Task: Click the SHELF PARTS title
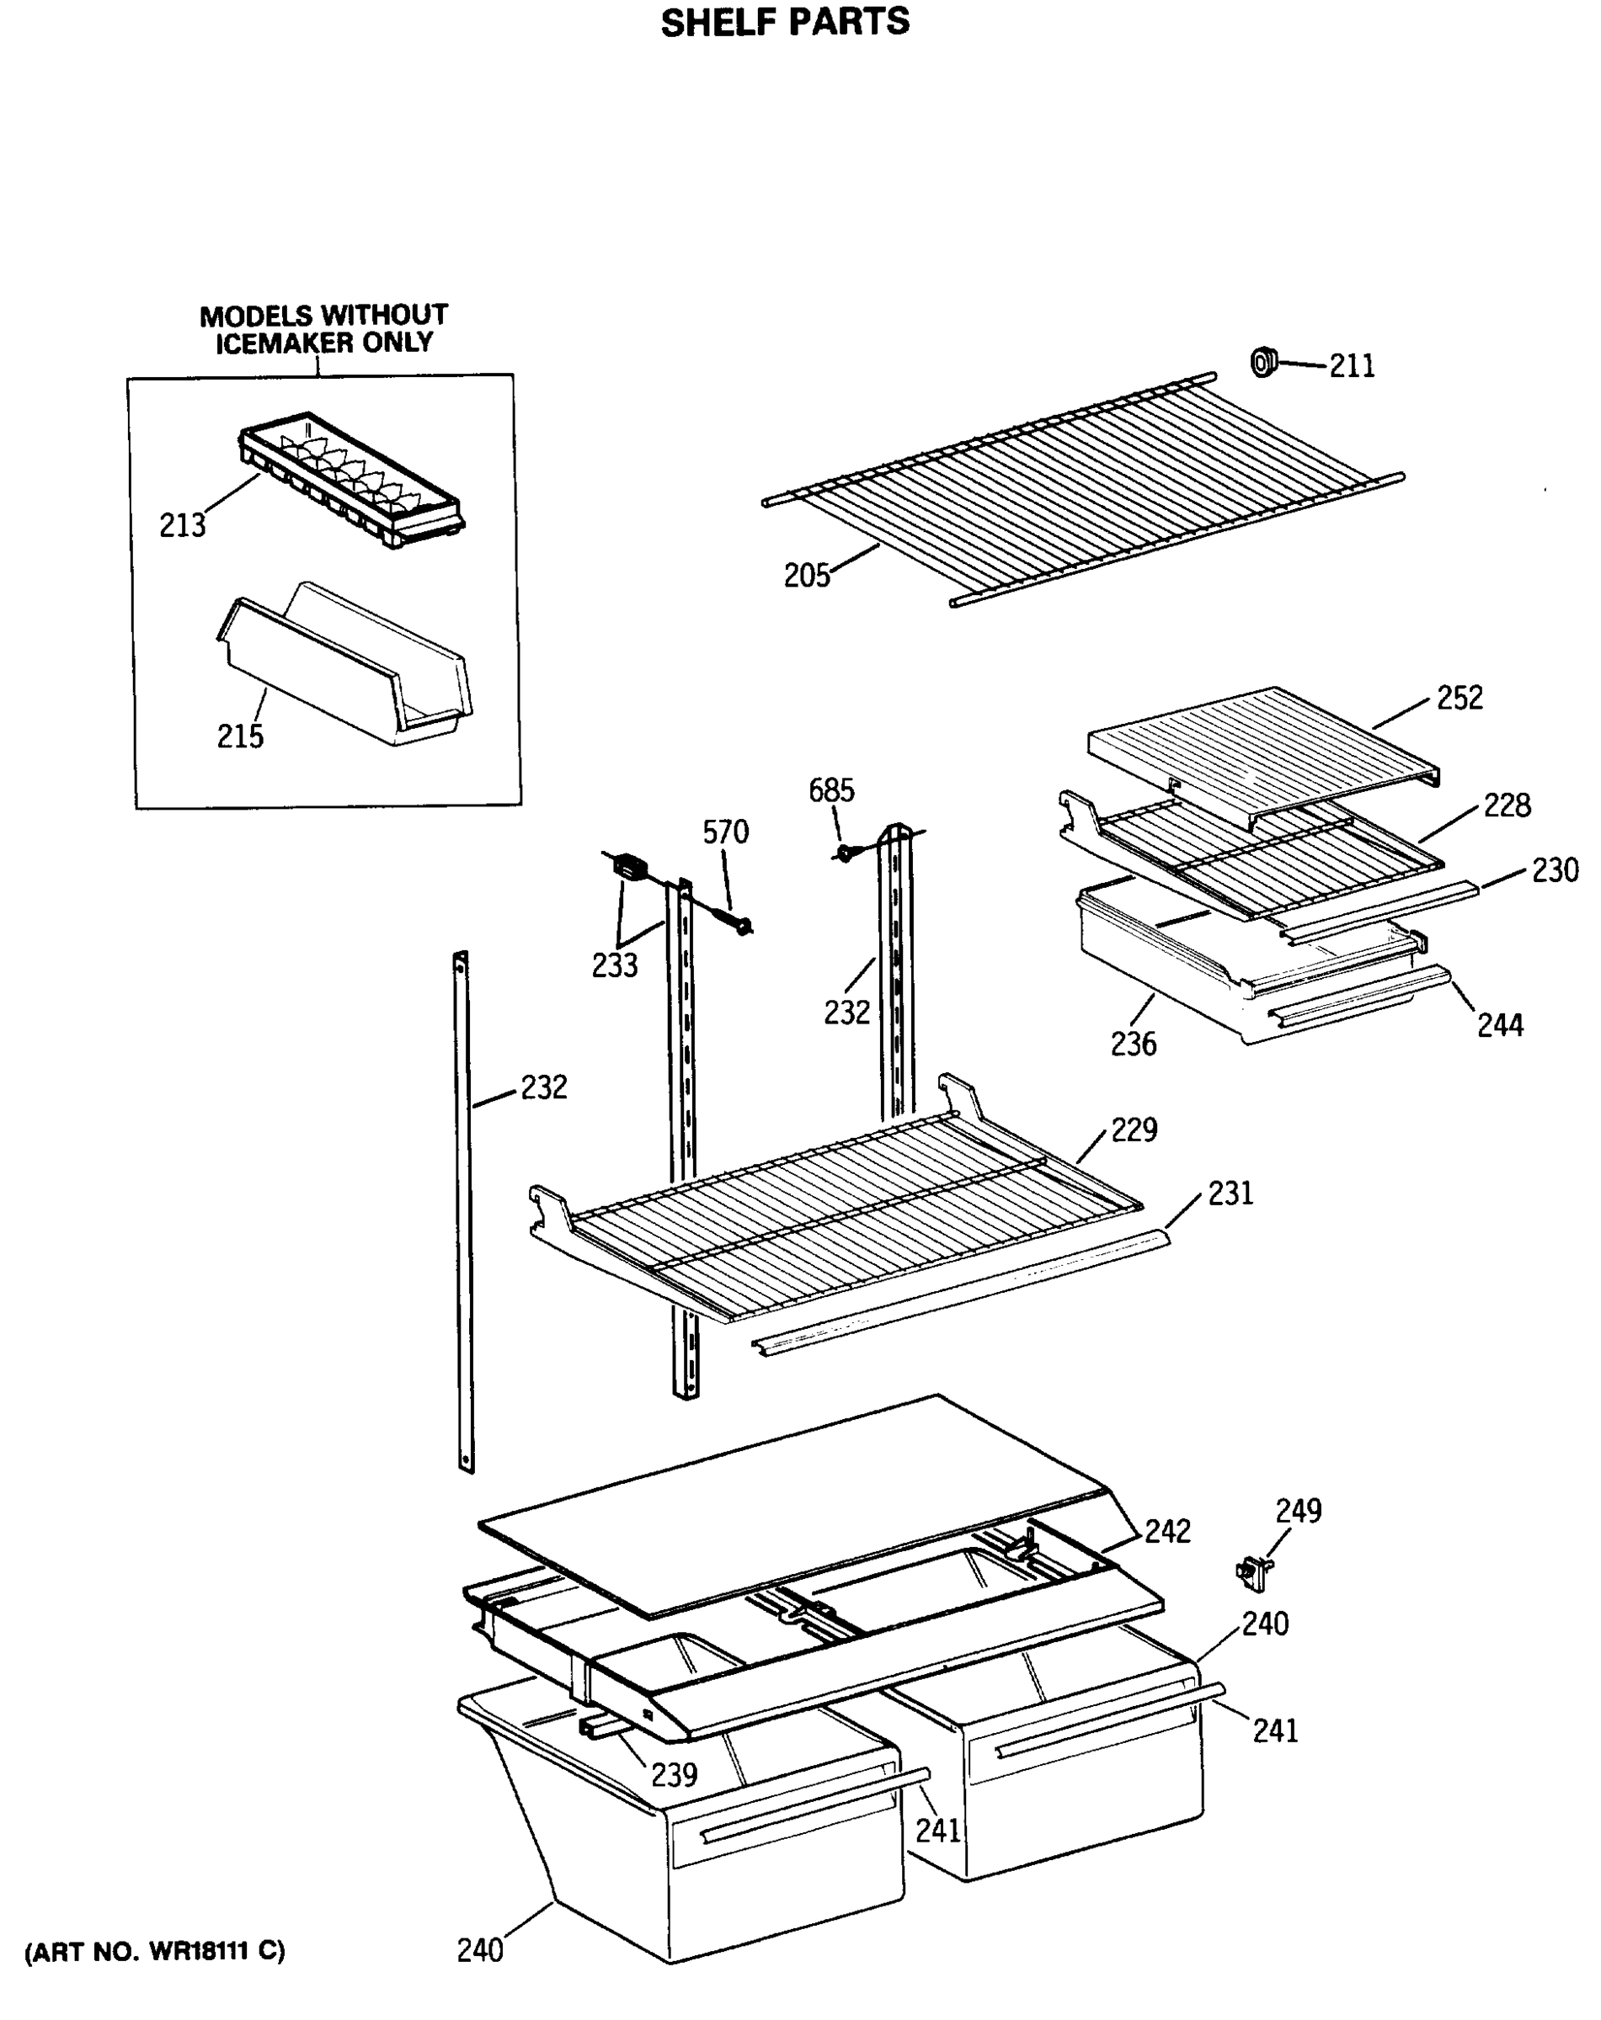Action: point(785,22)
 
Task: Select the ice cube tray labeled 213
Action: point(351,480)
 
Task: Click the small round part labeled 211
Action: point(1263,362)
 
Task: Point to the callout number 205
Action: point(807,575)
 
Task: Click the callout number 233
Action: point(614,965)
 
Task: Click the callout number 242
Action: point(1167,1531)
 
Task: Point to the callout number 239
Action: point(674,1774)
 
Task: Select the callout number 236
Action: point(1134,1043)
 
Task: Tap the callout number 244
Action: point(1500,1025)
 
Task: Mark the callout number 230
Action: point(1555,870)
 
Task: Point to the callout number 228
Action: point(1507,805)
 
